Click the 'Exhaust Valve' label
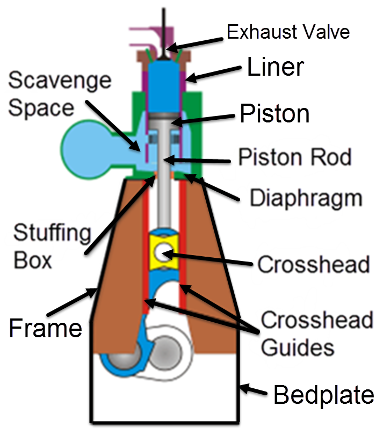tap(288, 32)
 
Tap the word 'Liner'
tap(276, 68)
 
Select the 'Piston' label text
tap(275, 114)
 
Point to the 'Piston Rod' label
tap(294, 157)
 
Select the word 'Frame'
tap(45, 327)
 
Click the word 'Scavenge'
tap(60, 81)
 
